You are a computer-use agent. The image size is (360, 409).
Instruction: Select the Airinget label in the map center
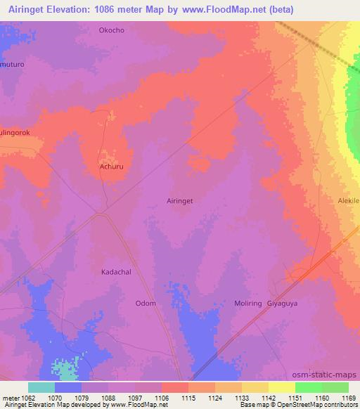(x=179, y=200)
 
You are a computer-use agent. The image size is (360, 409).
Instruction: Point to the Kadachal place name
(x=117, y=271)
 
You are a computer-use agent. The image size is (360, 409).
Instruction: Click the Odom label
(x=145, y=304)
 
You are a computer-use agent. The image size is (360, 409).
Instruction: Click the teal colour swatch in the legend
(x=41, y=387)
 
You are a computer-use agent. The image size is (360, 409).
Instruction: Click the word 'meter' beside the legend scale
(x=9, y=397)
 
